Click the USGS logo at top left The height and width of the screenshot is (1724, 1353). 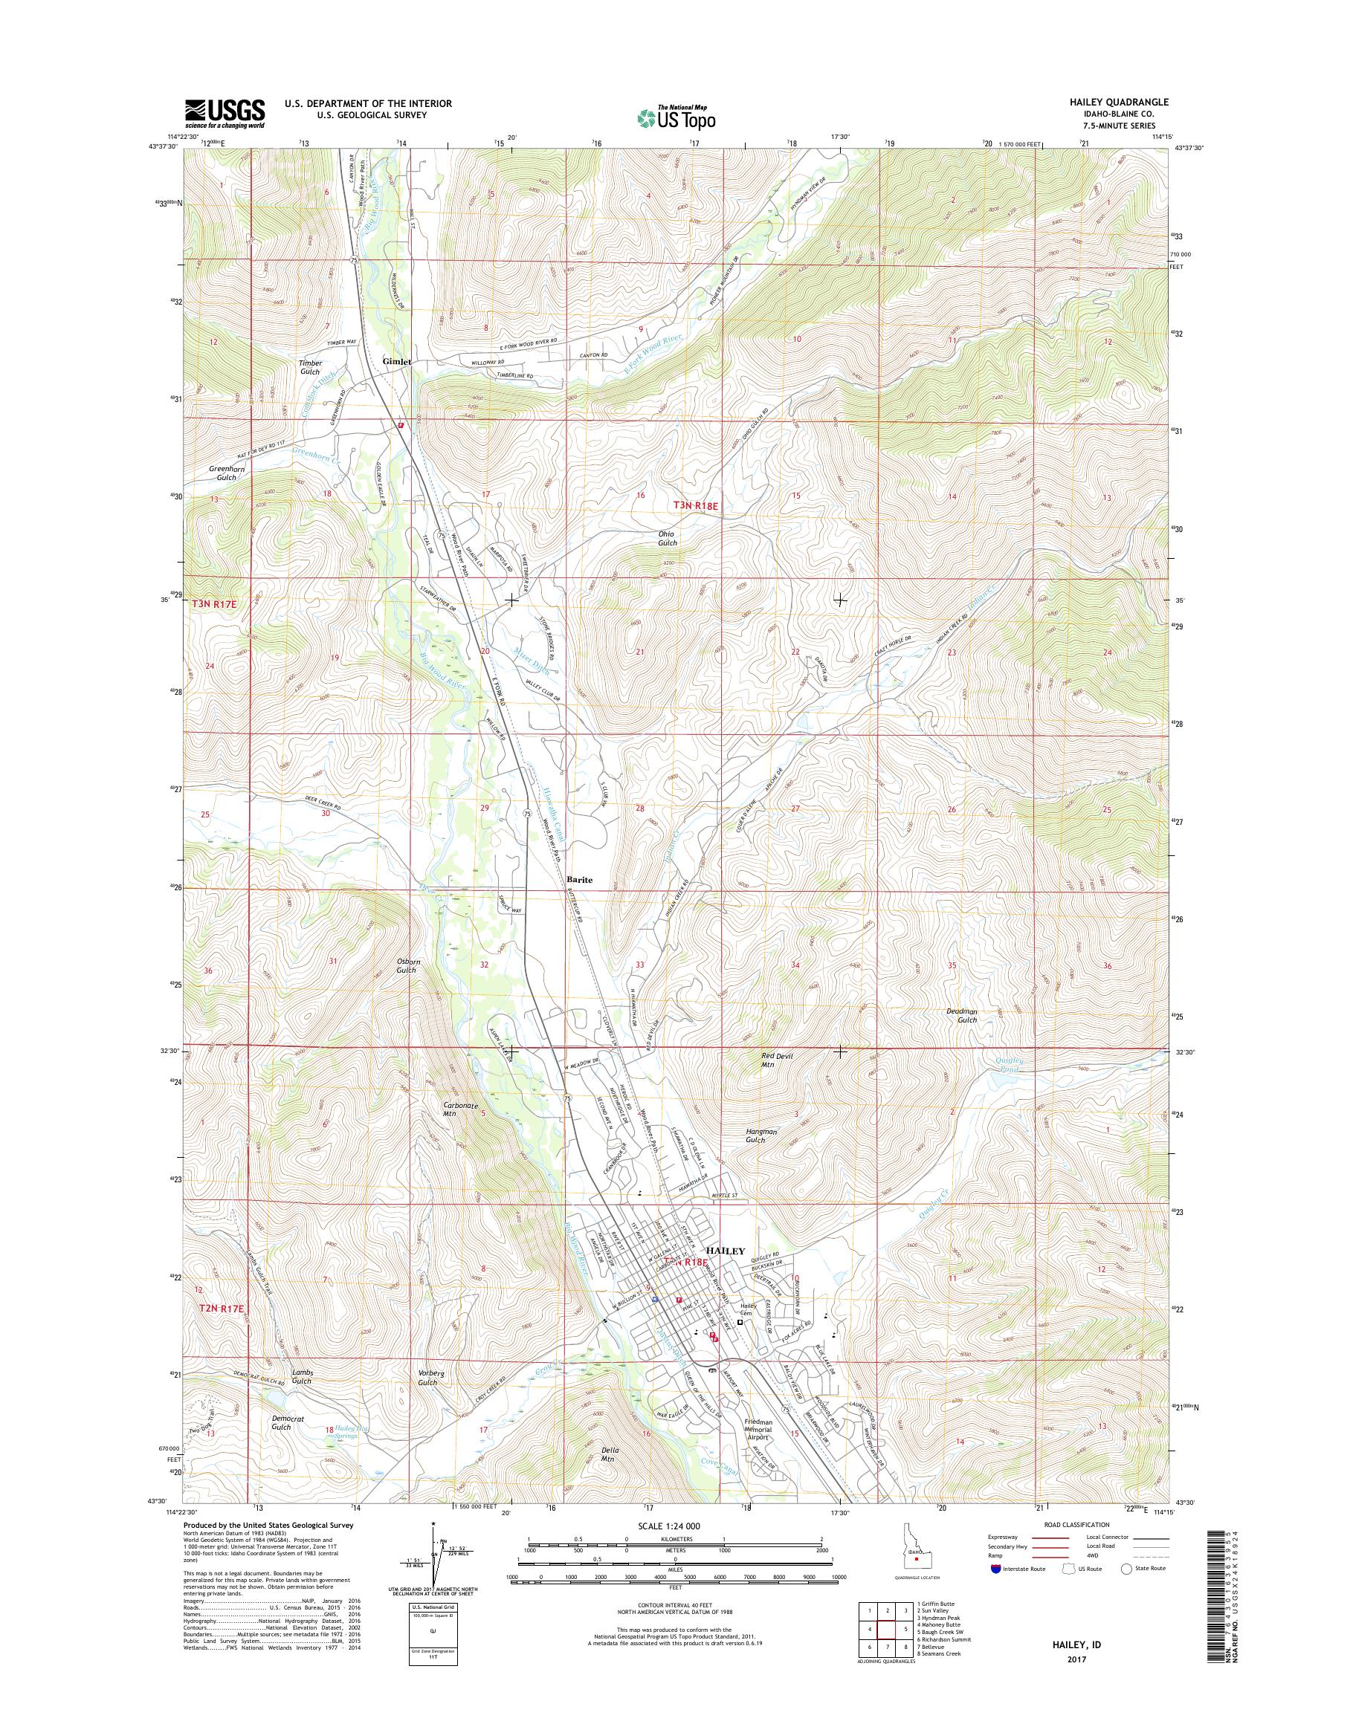(x=225, y=113)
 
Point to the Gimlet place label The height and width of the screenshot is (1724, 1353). (x=397, y=361)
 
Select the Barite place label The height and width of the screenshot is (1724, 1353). (x=580, y=879)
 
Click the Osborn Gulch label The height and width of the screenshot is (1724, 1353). (x=407, y=965)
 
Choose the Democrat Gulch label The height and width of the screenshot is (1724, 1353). (x=281, y=1422)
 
